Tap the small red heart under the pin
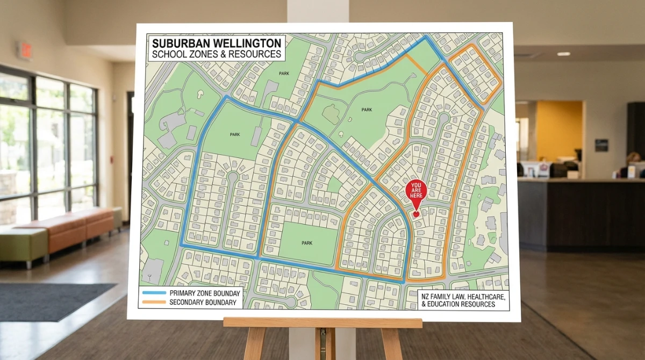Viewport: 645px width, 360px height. tap(416, 214)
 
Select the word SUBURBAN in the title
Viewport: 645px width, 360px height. tap(178, 43)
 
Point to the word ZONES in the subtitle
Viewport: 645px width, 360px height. tap(203, 54)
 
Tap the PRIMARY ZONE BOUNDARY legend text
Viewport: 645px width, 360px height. tap(205, 293)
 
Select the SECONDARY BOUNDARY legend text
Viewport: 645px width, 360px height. tap(203, 303)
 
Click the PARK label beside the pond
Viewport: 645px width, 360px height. tap(367, 110)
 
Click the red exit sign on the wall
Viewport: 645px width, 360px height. tap(24, 51)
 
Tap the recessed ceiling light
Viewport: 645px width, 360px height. tap(563, 54)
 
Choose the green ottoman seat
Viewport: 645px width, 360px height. tap(23, 244)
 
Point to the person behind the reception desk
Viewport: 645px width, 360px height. tap(633, 161)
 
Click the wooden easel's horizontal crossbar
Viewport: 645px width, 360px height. tap(322, 322)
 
